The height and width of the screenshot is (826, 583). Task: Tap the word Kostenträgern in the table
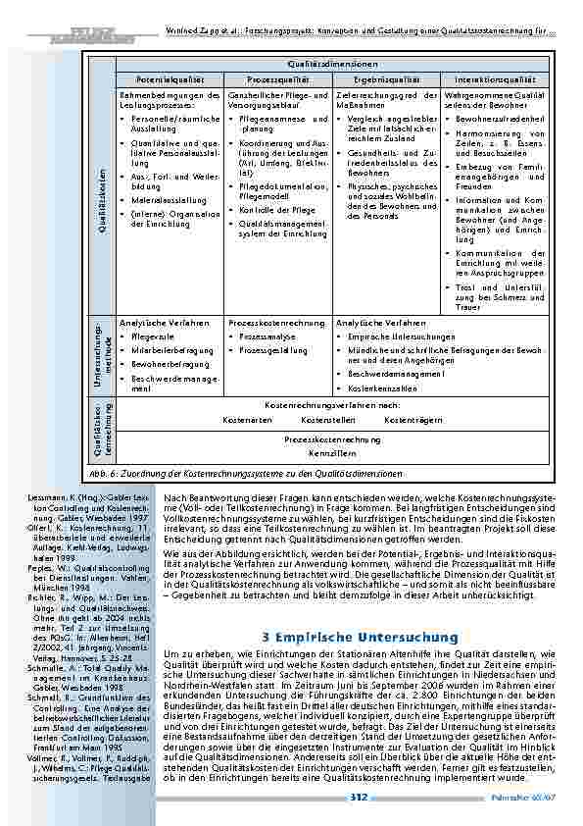413,419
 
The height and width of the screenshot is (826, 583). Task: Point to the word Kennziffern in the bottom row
332,454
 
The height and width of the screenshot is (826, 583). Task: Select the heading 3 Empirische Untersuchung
332,637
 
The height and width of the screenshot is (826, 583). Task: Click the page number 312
359,798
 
